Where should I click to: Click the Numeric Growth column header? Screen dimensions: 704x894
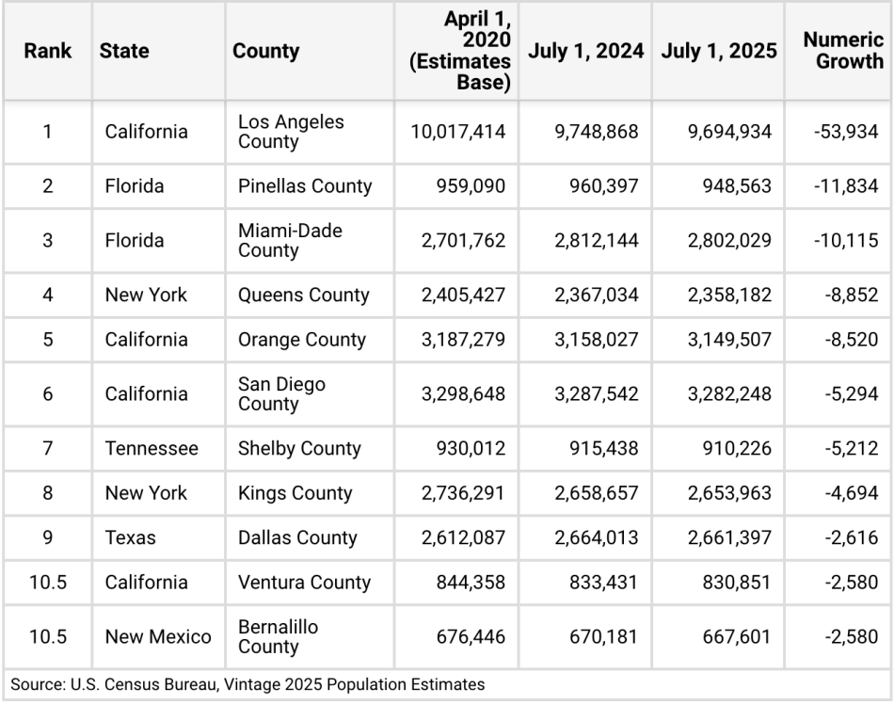pyautogui.click(x=843, y=51)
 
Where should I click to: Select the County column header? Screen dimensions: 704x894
pyautogui.click(x=266, y=51)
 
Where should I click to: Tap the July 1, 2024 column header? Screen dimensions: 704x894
pyautogui.click(x=585, y=51)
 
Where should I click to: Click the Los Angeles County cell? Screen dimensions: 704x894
pyautogui.click(x=291, y=132)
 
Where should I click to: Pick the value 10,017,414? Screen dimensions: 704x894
pyautogui.click(x=458, y=132)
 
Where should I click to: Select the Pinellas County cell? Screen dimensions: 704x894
pyautogui.click(x=305, y=186)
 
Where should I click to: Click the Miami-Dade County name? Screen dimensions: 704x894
pyautogui.click(x=290, y=241)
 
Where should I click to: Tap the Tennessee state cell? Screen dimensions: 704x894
pyautogui.click(x=152, y=449)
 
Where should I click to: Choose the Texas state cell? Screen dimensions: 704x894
pyautogui.click(x=131, y=538)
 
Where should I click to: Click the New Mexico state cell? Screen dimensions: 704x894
pyautogui.click(x=158, y=637)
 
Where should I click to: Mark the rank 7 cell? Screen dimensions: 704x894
pyautogui.click(x=48, y=449)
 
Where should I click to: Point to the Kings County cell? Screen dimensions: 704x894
pyautogui.click(x=295, y=493)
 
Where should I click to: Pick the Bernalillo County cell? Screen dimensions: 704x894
pyautogui.click(x=279, y=637)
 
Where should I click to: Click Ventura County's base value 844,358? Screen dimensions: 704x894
pyautogui.click(x=471, y=583)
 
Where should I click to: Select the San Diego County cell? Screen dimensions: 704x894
pyautogui.click(x=281, y=394)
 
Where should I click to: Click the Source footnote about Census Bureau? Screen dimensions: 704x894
pyautogui.click(x=248, y=684)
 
